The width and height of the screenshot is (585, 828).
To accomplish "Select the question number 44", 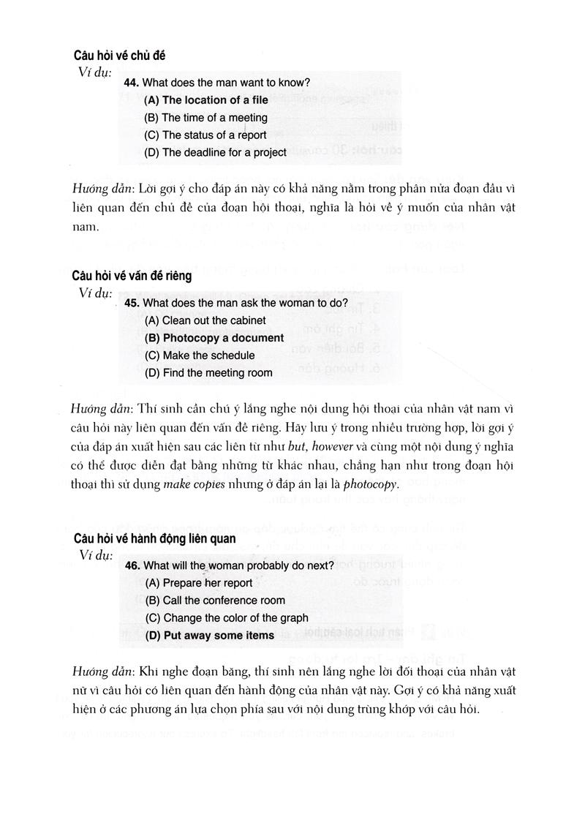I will click(132, 83).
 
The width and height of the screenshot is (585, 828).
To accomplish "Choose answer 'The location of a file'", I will click(206, 100).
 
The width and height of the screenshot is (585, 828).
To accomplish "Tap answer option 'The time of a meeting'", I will click(206, 118).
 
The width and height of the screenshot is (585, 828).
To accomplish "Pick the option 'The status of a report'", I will click(205, 135).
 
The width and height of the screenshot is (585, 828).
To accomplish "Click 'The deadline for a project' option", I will click(216, 153).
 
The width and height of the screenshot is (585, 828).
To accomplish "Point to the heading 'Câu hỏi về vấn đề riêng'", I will click(132, 276).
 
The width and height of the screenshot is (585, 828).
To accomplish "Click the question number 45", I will click(132, 303).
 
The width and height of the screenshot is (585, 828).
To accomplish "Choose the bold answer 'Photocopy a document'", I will click(214, 338).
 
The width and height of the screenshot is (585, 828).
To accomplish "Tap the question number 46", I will click(133, 565).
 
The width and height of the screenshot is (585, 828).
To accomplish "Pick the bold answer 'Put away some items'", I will click(210, 636).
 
